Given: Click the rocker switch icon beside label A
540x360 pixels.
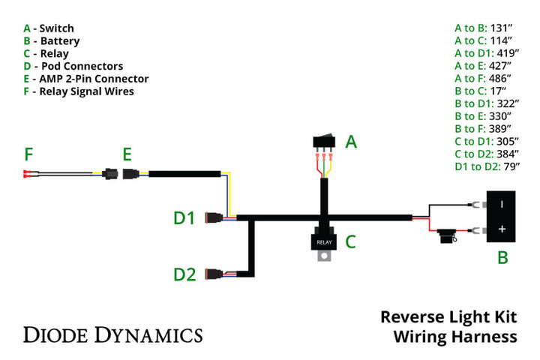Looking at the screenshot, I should point(323,142).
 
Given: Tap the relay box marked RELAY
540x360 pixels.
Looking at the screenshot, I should point(323,241).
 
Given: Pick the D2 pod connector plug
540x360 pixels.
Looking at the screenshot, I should point(222,274).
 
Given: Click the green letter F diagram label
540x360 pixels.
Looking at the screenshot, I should point(28,155).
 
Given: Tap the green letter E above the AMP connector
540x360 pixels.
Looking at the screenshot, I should point(127,154).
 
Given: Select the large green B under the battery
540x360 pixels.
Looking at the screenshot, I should point(502,258).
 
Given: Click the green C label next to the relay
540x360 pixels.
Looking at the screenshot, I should point(350,241).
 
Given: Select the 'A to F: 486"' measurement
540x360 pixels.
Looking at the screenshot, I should point(483,78).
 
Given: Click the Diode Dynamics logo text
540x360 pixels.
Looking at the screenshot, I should point(112,334).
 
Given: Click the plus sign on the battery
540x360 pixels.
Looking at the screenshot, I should point(502,228).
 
